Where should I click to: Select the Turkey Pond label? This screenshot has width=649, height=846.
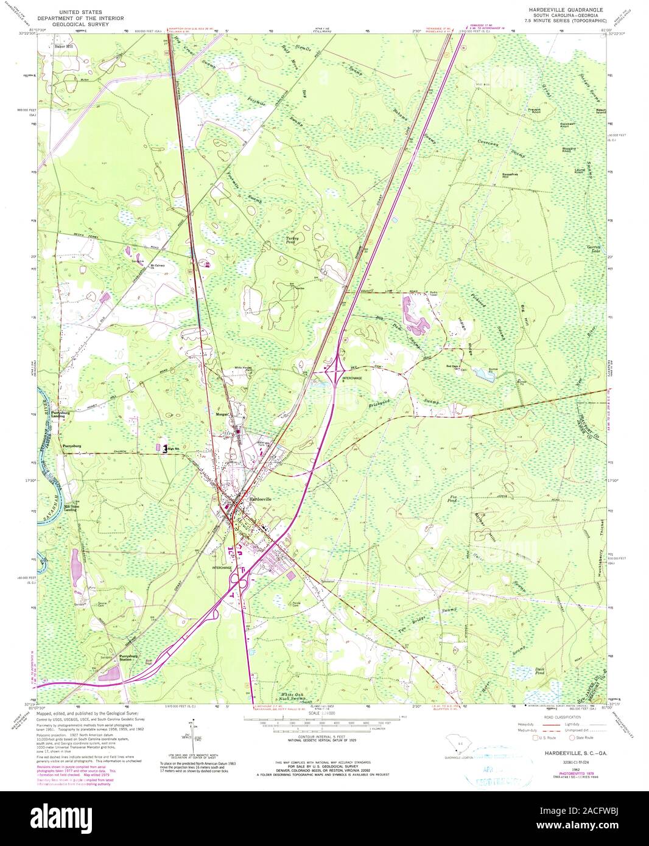point(293,240)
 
